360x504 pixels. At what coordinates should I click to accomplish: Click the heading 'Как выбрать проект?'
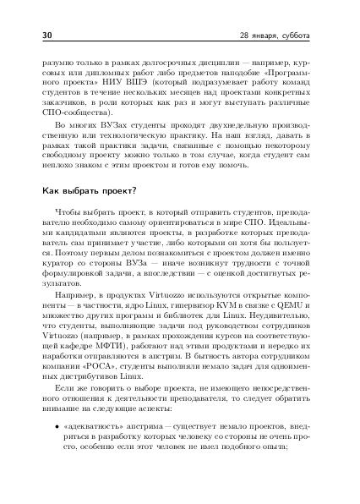pyautogui.click(x=90, y=190)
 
